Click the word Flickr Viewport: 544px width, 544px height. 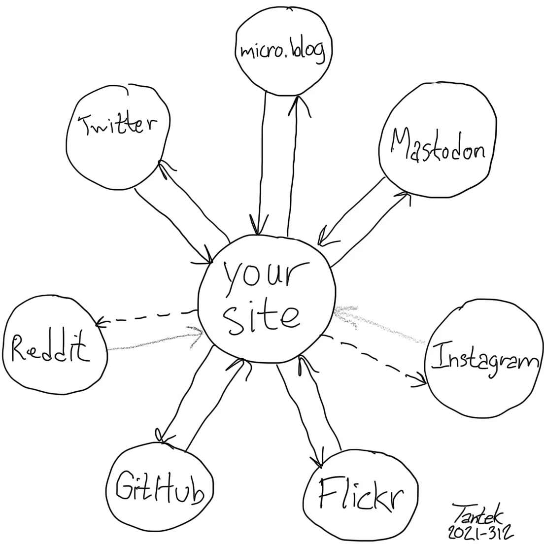click(361, 494)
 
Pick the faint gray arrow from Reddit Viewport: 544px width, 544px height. click(154, 340)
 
